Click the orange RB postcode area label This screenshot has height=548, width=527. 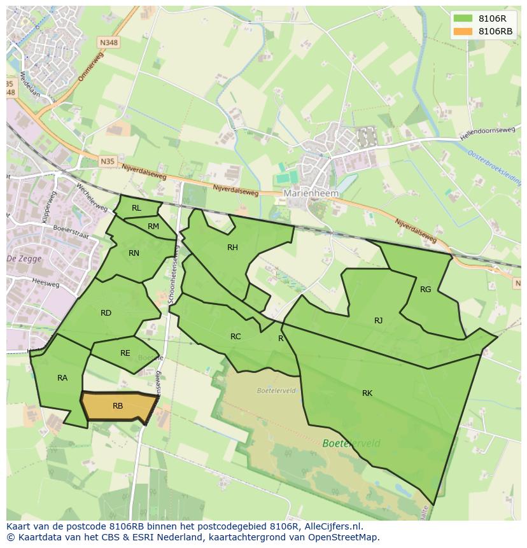[118, 406]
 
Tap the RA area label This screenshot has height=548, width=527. [62, 378]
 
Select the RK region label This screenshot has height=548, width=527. [367, 393]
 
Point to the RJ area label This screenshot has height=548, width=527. [379, 321]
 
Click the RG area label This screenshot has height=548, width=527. [426, 290]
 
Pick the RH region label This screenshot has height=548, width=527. [232, 248]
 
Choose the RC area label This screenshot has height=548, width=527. [235, 337]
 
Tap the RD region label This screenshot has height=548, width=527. [106, 313]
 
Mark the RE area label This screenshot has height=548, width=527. [125, 353]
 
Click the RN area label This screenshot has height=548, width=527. [134, 253]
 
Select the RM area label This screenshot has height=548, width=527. [153, 227]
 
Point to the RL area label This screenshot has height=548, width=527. [136, 208]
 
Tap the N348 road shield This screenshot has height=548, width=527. [109, 43]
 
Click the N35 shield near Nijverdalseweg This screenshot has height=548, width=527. [108, 162]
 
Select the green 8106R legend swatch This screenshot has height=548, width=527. [463, 18]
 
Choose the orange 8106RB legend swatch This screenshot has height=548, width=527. [463, 31]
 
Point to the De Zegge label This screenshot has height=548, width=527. [20, 259]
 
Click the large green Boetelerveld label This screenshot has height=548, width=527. [351, 444]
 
